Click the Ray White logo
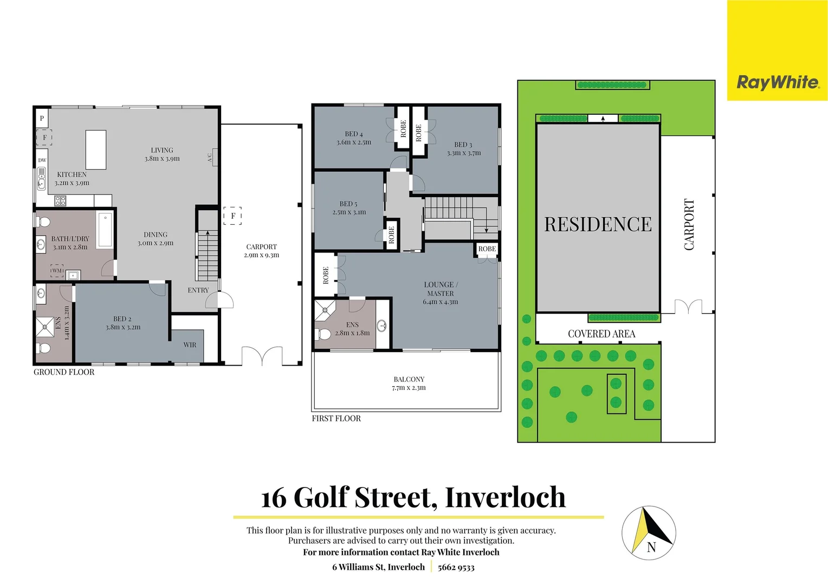[777, 82]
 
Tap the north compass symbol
[649, 532]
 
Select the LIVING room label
[162, 151]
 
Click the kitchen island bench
[95, 150]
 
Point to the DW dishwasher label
[42, 160]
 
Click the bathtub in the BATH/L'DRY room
[105, 229]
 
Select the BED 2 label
[122, 319]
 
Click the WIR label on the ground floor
[190, 345]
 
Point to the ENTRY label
[198, 290]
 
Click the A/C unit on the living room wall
[213, 157]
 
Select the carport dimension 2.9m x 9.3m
[261, 255]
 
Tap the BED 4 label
[354, 134]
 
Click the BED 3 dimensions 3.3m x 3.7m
[463, 153]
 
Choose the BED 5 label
[348, 204]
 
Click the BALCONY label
[409, 379]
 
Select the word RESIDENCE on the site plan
[598, 224]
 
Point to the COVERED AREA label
[601, 334]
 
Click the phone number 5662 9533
[456, 567]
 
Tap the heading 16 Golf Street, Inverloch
[413, 497]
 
